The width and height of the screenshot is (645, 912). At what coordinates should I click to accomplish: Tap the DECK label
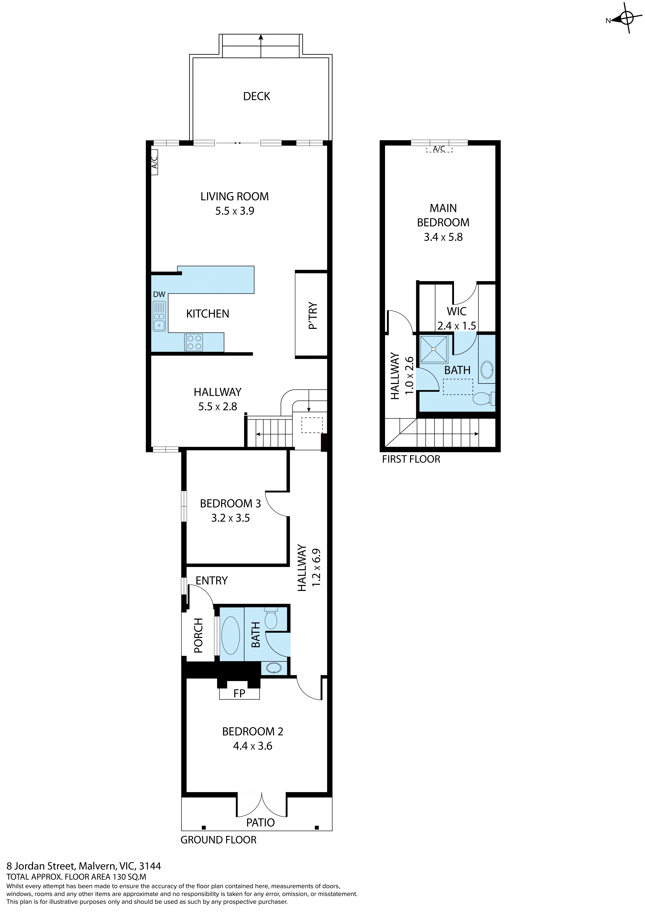pos(257,96)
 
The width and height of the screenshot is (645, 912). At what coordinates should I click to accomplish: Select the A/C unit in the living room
pos(155,162)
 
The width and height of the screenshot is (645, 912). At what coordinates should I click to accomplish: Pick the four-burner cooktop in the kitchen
pos(193,342)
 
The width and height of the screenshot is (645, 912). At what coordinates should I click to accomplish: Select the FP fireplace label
pos(239,693)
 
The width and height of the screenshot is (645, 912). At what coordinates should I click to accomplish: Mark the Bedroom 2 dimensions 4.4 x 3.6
pos(253,746)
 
